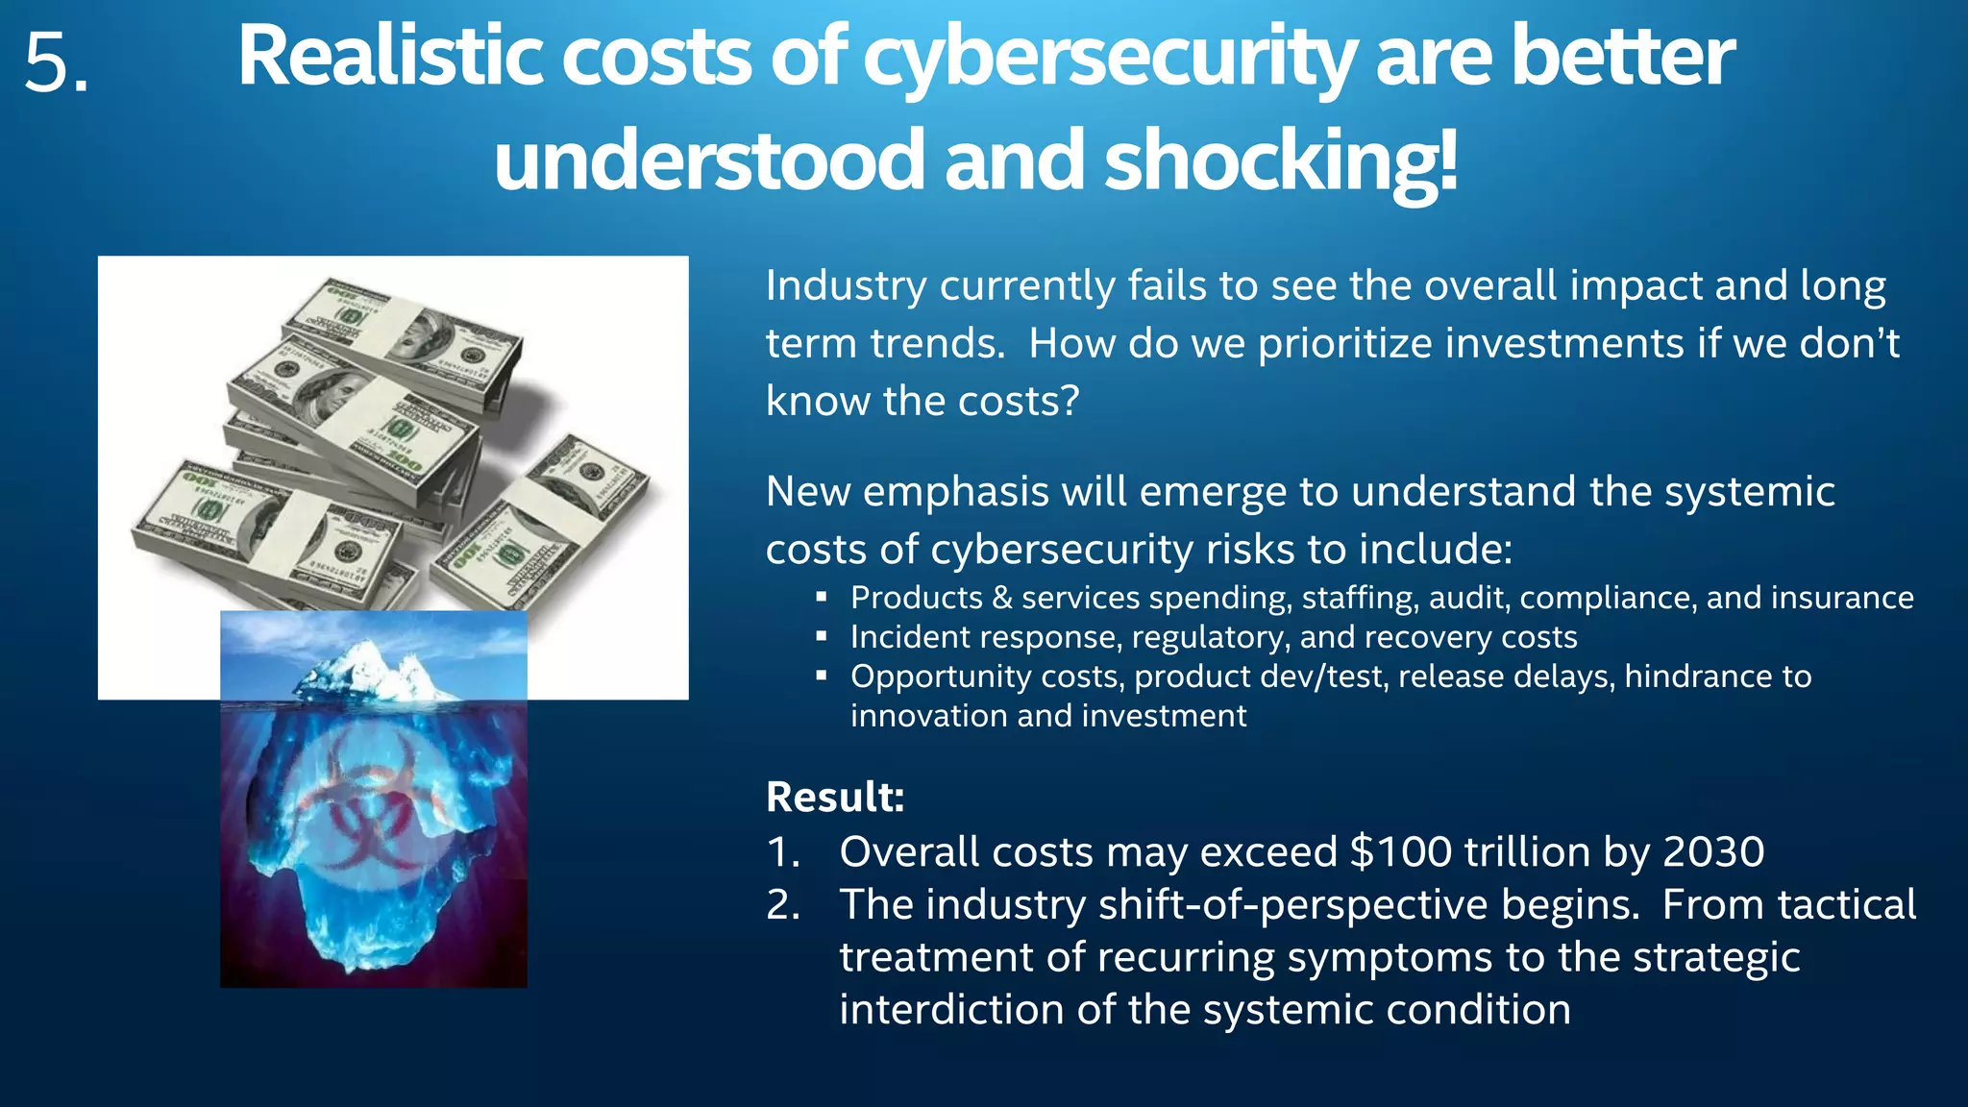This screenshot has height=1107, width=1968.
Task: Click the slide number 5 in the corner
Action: pyautogui.click(x=55, y=63)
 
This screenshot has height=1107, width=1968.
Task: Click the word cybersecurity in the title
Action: pyautogui.click(x=1109, y=58)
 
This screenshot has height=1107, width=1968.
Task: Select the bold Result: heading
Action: pyautogui.click(x=835, y=797)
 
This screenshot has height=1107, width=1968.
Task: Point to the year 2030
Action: pyautogui.click(x=1713, y=851)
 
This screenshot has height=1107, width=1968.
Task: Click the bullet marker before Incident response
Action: pyautogui.click(x=821, y=636)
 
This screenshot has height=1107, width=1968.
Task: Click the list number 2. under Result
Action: pyautogui.click(x=783, y=904)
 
